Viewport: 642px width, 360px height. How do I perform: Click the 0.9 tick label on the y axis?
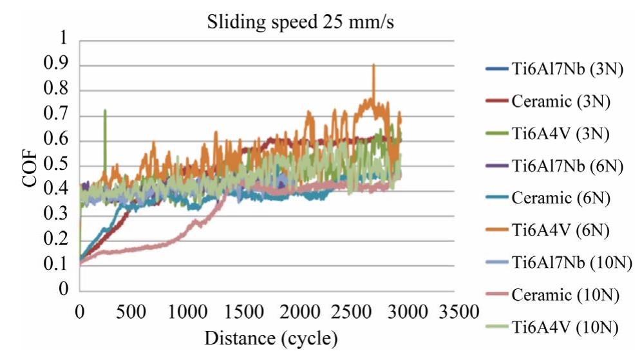pyautogui.click(x=56, y=66)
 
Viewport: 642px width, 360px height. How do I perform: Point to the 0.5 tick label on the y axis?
pyautogui.click(x=56, y=166)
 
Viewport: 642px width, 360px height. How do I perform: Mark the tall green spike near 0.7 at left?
pyautogui.click(x=105, y=111)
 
